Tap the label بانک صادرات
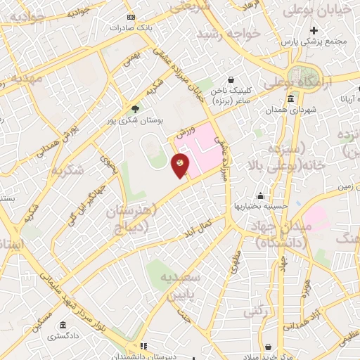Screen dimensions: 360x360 (130, 28)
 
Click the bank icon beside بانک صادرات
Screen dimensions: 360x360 (130, 17)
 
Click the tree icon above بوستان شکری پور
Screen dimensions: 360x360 (135, 108)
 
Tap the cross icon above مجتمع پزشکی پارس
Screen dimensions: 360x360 (314, 30)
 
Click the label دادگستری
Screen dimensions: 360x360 (63, 337)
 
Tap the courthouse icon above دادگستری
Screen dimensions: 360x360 (63, 326)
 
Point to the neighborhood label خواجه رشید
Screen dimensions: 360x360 (229, 34)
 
